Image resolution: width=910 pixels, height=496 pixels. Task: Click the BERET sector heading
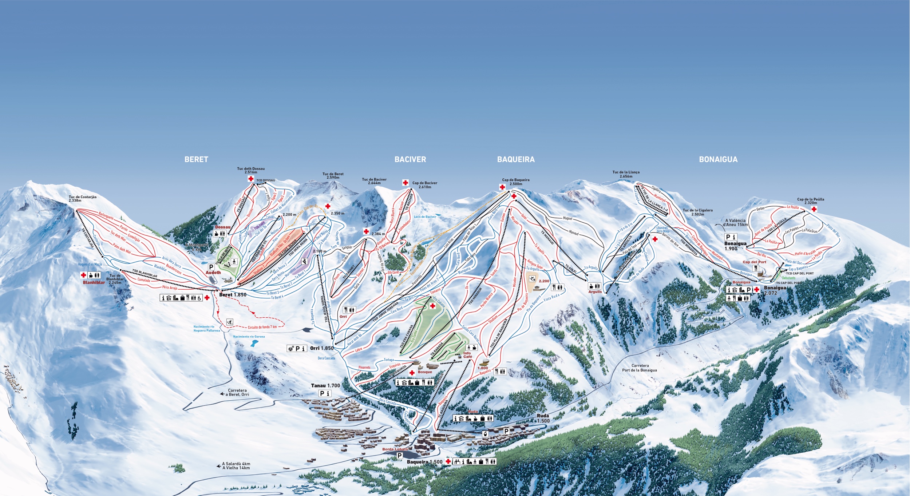click(196, 159)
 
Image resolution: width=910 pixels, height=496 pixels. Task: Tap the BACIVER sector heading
click(410, 159)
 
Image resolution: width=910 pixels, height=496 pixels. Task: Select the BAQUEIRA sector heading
click(516, 159)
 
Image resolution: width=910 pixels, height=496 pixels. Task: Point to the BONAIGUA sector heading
click(718, 159)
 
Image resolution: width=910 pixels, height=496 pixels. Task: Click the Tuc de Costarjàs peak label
click(83, 199)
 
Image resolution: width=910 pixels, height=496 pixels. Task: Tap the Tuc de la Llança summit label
click(626, 174)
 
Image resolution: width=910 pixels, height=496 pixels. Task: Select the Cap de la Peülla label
click(811, 201)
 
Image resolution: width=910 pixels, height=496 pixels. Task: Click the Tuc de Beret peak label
click(333, 175)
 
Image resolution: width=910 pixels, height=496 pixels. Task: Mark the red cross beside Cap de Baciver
click(405, 183)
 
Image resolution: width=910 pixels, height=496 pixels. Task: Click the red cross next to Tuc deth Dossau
click(251, 179)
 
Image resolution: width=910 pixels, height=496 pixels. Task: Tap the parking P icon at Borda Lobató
click(399, 455)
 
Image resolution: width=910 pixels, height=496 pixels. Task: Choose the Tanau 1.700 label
click(325, 386)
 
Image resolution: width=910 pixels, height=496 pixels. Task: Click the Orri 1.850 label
click(321, 348)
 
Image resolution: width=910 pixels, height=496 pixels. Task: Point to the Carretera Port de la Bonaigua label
click(640, 368)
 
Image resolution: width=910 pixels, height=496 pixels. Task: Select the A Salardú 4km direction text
click(236, 464)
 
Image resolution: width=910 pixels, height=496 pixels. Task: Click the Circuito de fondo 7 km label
click(262, 327)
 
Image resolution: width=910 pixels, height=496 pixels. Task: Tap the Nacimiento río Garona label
click(249, 337)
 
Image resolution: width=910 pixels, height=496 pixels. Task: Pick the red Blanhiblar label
click(94, 282)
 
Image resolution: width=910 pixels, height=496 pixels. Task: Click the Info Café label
click(467, 355)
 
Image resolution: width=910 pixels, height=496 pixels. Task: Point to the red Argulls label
click(595, 291)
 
